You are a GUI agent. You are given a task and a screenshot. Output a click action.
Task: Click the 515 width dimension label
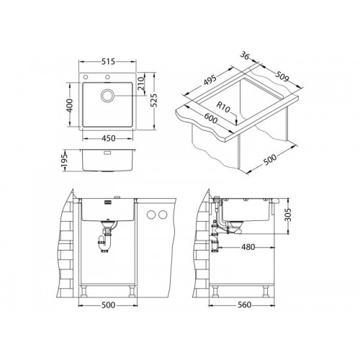click(x=108, y=62)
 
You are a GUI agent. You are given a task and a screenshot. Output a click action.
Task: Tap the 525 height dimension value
click(x=154, y=100)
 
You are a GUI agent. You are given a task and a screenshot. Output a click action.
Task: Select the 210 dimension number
click(x=142, y=83)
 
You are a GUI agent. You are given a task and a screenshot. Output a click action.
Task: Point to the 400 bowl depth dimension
click(x=69, y=105)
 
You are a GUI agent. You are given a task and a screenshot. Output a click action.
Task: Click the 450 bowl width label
click(x=109, y=138)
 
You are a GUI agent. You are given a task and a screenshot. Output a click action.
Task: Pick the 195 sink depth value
click(x=65, y=161)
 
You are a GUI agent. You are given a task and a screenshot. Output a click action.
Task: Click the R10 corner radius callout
click(x=223, y=107)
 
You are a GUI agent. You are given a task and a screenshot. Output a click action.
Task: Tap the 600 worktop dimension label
click(x=210, y=119)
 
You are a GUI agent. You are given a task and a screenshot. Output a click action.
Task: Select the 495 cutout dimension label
click(x=210, y=80)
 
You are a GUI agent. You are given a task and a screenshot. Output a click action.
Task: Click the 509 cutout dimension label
click(x=282, y=76)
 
